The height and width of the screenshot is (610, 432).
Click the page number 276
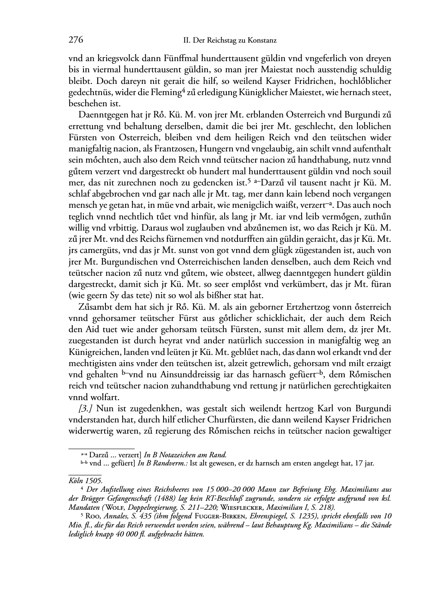tap(76, 40)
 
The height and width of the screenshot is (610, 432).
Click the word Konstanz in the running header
tap(262, 41)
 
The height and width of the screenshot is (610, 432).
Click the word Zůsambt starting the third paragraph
tap(96, 307)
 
